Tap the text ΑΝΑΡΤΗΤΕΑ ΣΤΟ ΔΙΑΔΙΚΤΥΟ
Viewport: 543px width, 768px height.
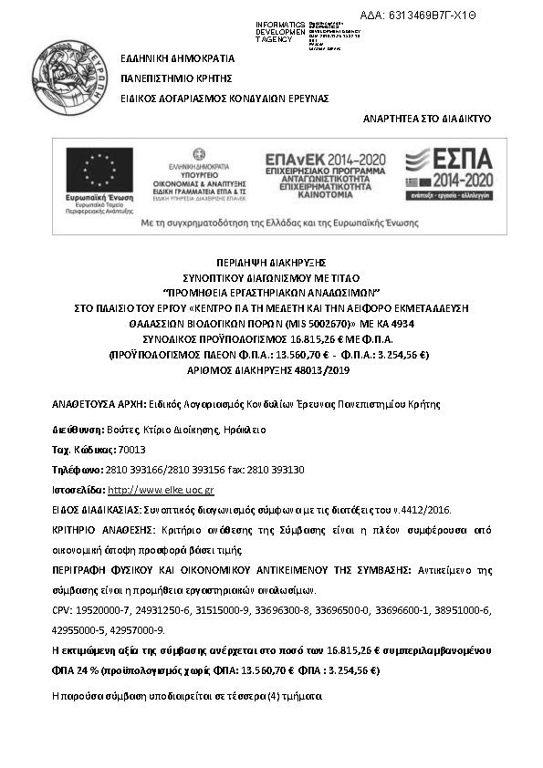pyautogui.click(x=427, y=119)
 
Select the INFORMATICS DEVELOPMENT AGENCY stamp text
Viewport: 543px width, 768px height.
pyautogui.click(x=281, y=31)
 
